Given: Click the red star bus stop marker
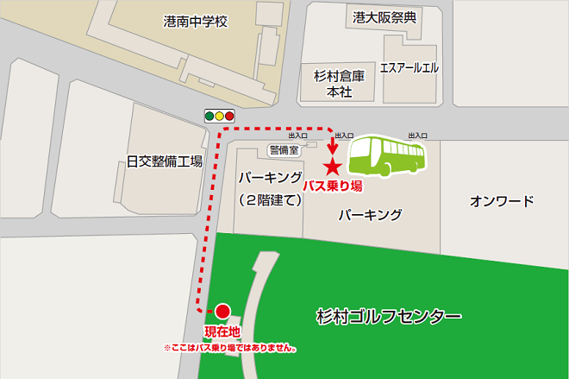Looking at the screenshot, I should pos(333,167).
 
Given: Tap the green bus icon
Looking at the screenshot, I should pos(387,155).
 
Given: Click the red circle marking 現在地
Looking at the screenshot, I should pos(222,311).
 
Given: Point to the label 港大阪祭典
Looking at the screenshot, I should pos(385,16).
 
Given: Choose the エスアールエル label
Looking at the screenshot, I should pos(410,67).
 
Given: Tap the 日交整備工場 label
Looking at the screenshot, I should pos(164,161).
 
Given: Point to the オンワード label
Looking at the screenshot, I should pos(502,201).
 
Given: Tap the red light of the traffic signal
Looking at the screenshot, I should pos(230,115).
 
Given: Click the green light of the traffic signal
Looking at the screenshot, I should pos(209,115).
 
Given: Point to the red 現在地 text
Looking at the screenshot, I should pos(222,332).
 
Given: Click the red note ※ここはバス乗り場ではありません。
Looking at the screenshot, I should pos(230,349).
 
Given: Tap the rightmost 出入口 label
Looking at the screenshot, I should pos(418,136).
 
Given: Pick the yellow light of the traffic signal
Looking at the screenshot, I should pos(220,115).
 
